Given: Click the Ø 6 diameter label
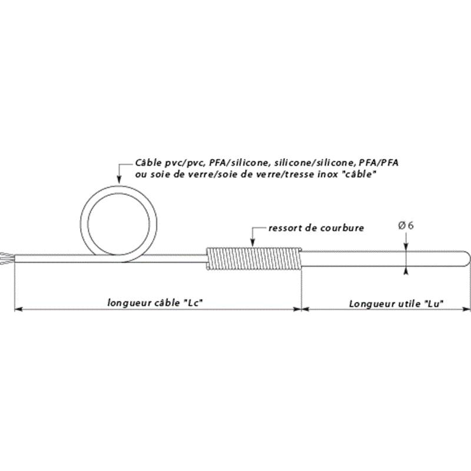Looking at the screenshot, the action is (406, 225).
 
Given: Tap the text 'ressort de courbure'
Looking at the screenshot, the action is (316, 228).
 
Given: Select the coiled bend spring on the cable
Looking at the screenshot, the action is (254, 258).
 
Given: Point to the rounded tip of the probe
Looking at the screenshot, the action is (467, 258).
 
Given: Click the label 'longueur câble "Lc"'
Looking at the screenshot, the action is (155, 303).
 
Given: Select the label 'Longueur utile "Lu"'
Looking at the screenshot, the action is (396, 304).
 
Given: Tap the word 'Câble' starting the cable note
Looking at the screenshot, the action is (148, 162).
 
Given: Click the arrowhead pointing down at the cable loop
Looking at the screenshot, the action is (119, 180).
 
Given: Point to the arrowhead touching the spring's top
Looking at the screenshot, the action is (253, 243).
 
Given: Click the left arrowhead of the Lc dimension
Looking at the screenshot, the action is (18, 309).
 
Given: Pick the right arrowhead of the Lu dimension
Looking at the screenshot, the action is (466, 309).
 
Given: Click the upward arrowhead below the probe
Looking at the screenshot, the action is (406, 271).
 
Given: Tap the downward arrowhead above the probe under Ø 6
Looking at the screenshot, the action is (406, 246).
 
